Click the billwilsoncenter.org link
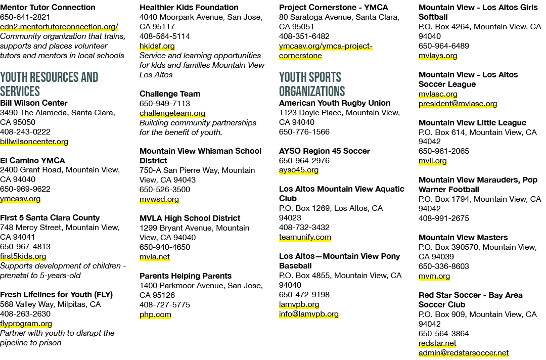(x=34, y=142)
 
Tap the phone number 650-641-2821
(x=25, y=17)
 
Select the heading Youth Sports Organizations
(x=311, y=84)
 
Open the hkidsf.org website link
(x=157, y=46)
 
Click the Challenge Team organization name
(x=170, y=94)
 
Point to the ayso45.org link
(x=299, y=170)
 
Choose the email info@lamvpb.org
(x=309, y=314)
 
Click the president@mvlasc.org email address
(x=458, y=104)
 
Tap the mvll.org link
(x=432, y=161)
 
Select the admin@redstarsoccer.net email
(x=464, y=353)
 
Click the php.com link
(x=155, y=314)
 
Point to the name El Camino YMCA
(x=32, y=160)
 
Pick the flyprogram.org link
(x=26, y=324)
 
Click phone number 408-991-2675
(x=444, y=218)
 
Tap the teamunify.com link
(x=305, y=238)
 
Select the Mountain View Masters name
(x=463, y=238)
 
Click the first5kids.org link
(x=23, y=256)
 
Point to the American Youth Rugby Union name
(x=335, y=103)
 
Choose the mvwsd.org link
(x=159, y=200)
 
